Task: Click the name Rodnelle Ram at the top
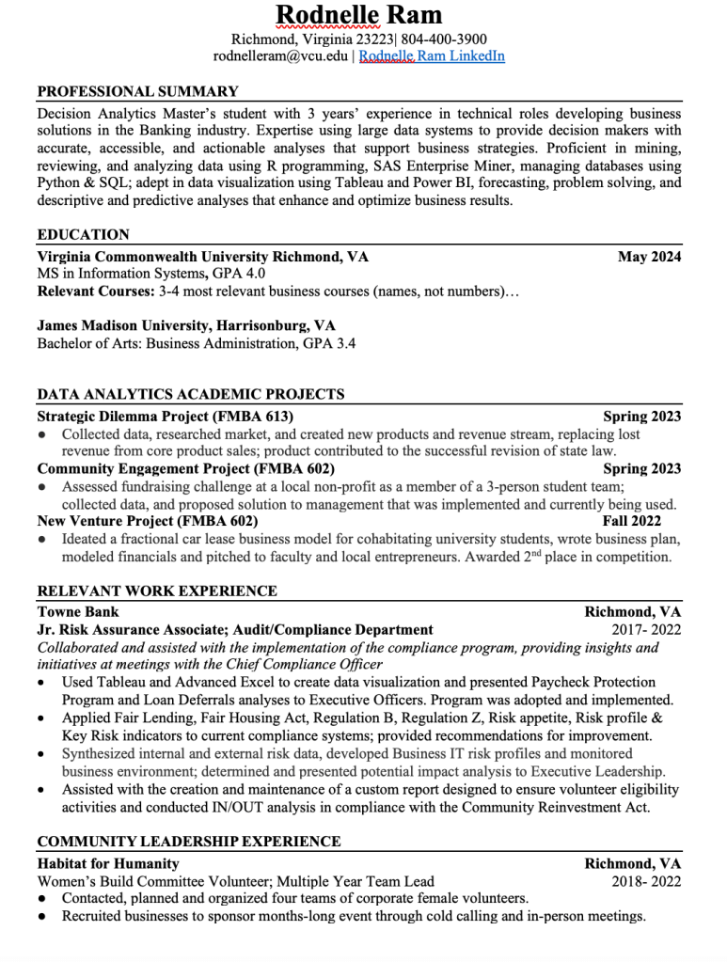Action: click(x=359, y=16)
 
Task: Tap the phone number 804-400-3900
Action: click(x=444, y=39)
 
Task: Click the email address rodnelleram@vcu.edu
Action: click(x=280, y=56)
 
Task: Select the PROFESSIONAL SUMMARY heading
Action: click(x=137, y=92)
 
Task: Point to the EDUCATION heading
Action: click(x=83, y=235)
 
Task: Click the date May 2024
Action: click(x=649, y=257)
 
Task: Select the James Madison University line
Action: click(x=186, y=325)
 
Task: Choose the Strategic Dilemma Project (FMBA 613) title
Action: click(x=166, y=417)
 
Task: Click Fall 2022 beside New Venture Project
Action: click(x=632, y=521)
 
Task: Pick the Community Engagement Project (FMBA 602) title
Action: click(x=185, y=468)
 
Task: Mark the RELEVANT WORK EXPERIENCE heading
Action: click(x=157, y=591)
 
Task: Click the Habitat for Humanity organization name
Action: click(x=108, y=863)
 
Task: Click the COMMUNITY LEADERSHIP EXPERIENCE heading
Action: click(x=189, y=842)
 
